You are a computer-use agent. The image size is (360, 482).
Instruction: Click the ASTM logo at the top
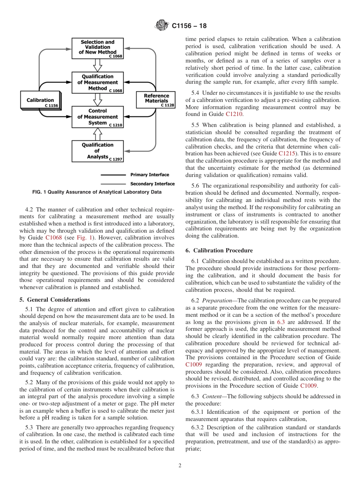[x=161, y=26]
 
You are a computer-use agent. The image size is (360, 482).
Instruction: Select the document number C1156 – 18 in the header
[x=189, y=26]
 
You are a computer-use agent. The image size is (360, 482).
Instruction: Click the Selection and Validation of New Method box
[x=97, y=48]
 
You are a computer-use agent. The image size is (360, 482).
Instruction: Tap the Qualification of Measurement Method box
[x=97, y=83]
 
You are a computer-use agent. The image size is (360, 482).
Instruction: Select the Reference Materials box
[x=156, y=99]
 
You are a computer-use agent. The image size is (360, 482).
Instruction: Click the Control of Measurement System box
[x=97, y=117]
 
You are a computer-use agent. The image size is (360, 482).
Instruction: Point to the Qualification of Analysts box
[x=97, y=151]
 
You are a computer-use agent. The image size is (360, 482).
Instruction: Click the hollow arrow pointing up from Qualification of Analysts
[x=98, y=134]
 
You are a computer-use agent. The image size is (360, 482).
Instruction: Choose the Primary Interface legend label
[x=150, y=175]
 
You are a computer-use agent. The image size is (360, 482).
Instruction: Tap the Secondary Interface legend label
[x=152, y=184]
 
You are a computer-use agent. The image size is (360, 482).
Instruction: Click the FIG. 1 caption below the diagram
[x=97, y=192]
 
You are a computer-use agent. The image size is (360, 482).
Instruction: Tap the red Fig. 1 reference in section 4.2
[x=83, y=238]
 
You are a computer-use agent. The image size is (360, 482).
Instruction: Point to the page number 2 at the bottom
[x=180, y=466]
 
